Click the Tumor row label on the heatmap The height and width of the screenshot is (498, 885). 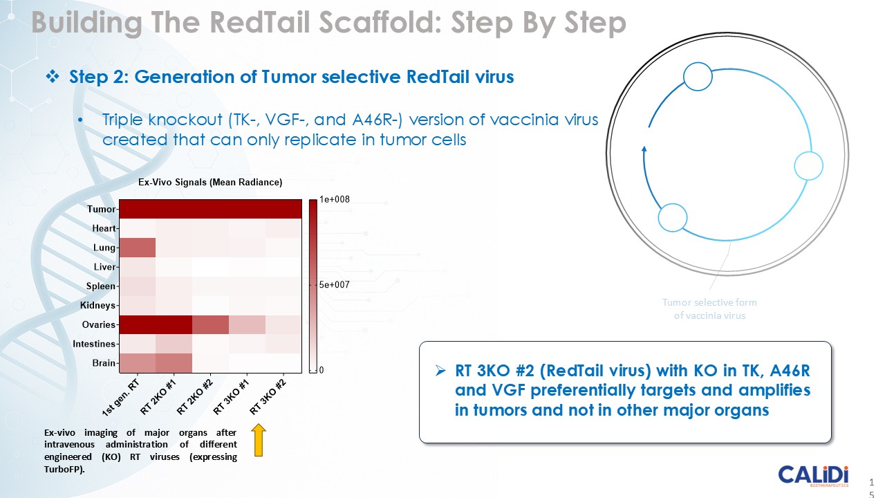[x=101, y=209]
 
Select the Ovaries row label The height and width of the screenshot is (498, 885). [x=98, y=324]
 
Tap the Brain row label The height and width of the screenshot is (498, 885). [x=104, y=363]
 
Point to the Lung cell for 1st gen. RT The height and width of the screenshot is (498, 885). [x=138, y=248]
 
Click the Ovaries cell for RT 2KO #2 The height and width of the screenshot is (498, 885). [x=211, y=324]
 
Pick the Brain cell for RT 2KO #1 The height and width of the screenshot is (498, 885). [x=174, y=363]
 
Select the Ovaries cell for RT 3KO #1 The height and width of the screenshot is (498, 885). [x=247, y=324]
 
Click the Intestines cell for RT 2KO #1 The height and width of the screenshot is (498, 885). [x=174, y=344]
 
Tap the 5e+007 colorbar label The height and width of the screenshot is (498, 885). [x=334, y=284]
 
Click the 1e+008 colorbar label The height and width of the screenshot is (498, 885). [x=334, y=199]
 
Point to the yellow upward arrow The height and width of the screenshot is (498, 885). [x=259, y=440]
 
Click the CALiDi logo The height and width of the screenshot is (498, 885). [x=813, y=475]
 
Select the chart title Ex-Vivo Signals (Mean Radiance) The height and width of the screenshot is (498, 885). [x=210, y=182]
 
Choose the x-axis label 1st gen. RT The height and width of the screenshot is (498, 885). [x=120, y=398]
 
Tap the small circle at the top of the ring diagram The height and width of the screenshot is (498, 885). [x=698, y=77]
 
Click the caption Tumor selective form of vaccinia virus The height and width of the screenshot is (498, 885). [x=709, y=308]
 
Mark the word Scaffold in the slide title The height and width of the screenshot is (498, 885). [x=380, y=22]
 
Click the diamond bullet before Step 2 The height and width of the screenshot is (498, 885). [x=53, y=76]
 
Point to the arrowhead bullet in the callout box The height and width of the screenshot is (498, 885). [x=440, y=371]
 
